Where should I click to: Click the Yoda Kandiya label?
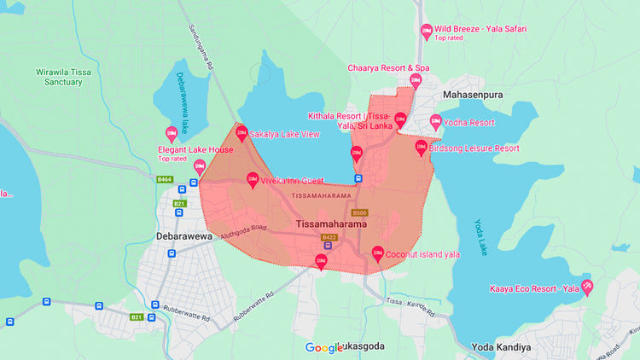click(x=501, y=347)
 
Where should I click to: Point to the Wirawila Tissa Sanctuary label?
click(x=65, y=78)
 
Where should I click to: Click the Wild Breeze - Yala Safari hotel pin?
click(x=427, y=31)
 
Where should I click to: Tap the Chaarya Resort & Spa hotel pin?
click(x=416, y=80)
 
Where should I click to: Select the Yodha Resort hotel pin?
click(x=436, y=122)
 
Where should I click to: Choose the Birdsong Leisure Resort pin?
click(x=422, y=147)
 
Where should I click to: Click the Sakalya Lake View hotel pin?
click(x=241, y=133)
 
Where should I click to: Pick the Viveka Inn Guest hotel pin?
click(x=253, y=180)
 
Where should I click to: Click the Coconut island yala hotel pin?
click(x=378, y=253)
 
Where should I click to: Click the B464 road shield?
click(x=165, y=179)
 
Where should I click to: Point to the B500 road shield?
click(x=359, y=212)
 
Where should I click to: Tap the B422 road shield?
click(x=329, y=236)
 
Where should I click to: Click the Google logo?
click(x=323, y=347)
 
